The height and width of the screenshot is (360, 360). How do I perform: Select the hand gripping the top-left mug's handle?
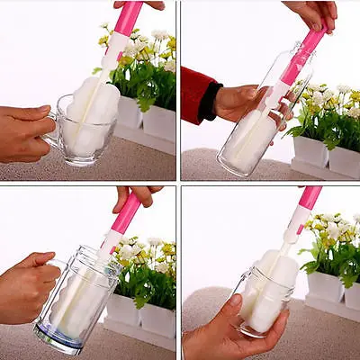[22, 132]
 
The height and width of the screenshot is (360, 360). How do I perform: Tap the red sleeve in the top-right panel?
[196, 94]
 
